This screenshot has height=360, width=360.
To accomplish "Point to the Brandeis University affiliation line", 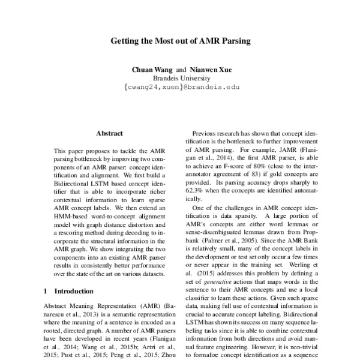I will (x=179, y=78).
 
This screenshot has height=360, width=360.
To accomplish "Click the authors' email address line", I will (x=179, y=87).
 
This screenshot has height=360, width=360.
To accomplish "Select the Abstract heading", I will (x=109, y=133).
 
